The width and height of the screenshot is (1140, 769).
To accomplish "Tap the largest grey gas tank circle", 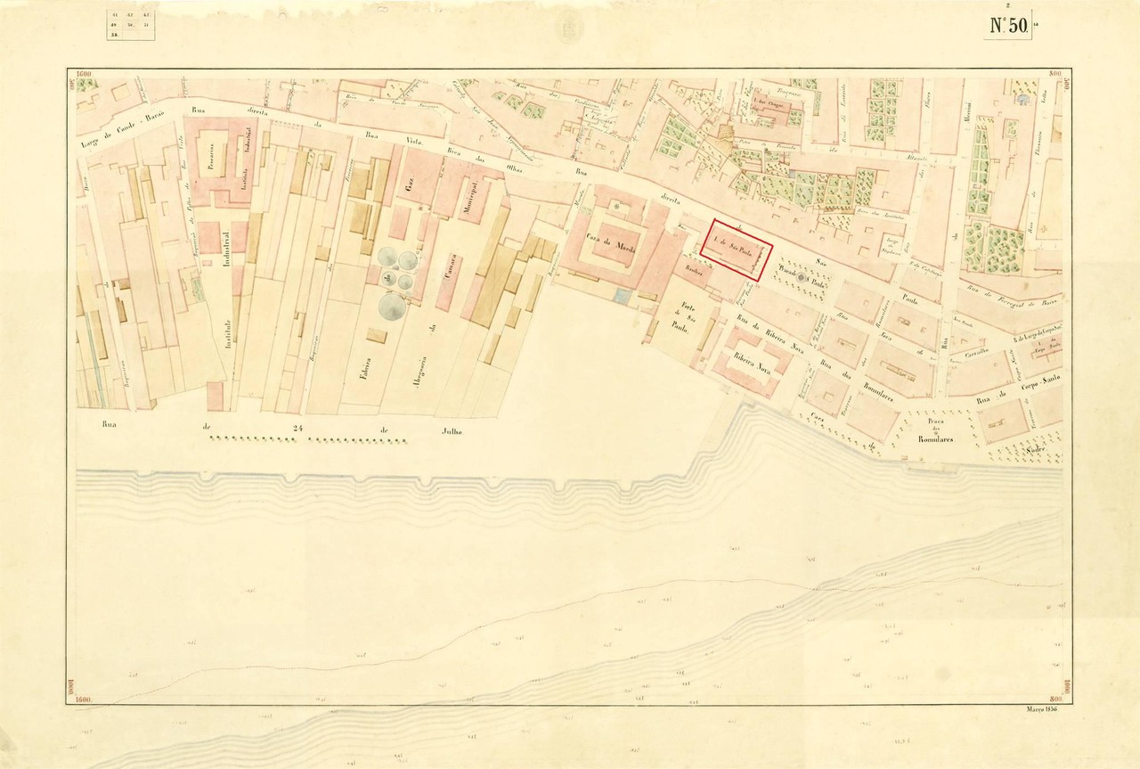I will click(392, 307).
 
